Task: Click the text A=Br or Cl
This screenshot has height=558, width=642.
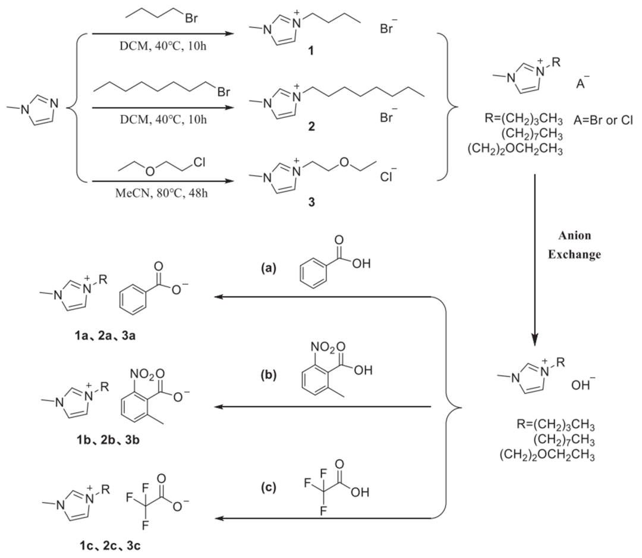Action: coord(605,121)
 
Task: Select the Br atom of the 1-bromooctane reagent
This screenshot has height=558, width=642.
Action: coord(224,93)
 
